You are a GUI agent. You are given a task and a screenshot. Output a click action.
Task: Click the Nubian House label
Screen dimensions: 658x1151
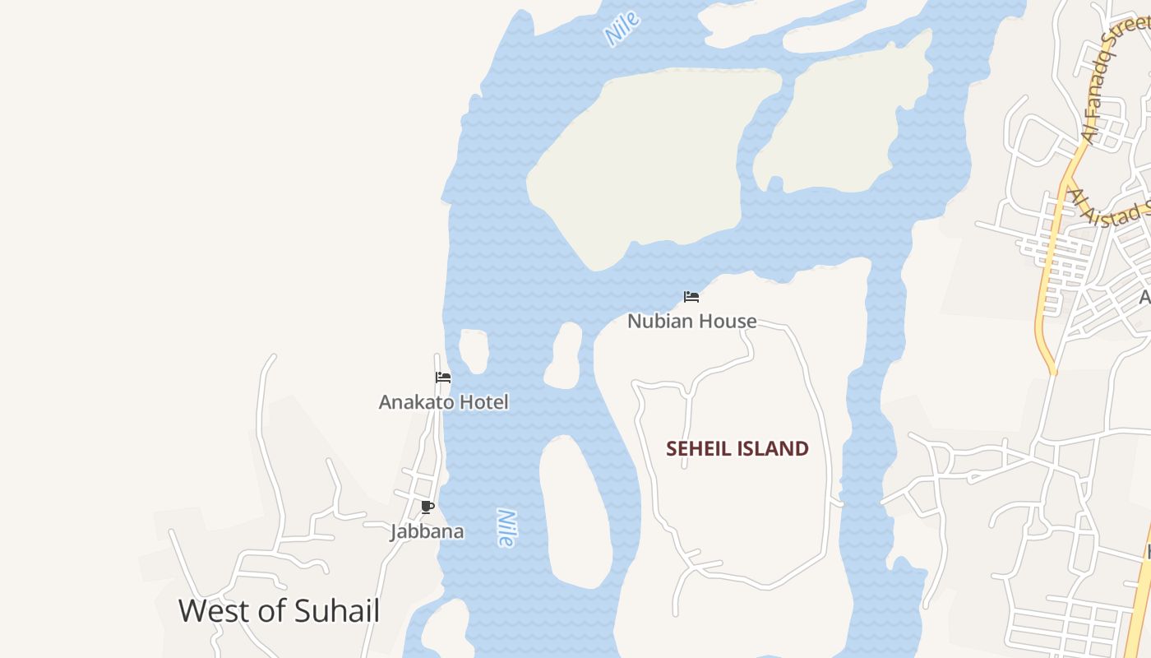click(x=691, y=321)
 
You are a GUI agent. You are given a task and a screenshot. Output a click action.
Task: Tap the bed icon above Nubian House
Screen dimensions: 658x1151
click(x=691, y=296)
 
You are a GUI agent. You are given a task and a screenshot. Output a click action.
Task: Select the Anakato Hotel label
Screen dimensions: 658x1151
click(x=443, y=402)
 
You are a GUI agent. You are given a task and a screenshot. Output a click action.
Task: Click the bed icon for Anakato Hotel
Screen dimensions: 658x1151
click(x=443, y=378)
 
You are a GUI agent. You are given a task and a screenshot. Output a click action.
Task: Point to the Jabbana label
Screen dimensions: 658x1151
click(x=427, y=531)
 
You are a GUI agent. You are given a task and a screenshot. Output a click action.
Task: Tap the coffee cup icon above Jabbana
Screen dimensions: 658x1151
click(x=427, y=507)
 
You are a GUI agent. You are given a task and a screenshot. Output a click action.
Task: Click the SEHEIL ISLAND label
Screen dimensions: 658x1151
click(x=737, y=448)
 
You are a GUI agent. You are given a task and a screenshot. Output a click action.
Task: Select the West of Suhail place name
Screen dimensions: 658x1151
click(x=279, y=611)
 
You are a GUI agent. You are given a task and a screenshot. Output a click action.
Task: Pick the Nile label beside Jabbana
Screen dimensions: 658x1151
click(x=506, y=528)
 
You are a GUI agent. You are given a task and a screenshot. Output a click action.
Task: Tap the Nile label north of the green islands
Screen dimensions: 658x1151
click(x=622, y=30)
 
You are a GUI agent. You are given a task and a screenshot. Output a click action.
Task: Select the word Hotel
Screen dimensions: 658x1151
click(x=486, y=402)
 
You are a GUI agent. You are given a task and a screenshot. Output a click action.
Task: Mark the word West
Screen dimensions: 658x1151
click(x=211, y=611)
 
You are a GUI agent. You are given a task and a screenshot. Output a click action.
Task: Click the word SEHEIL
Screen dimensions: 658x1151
click(x=699, y=448)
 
